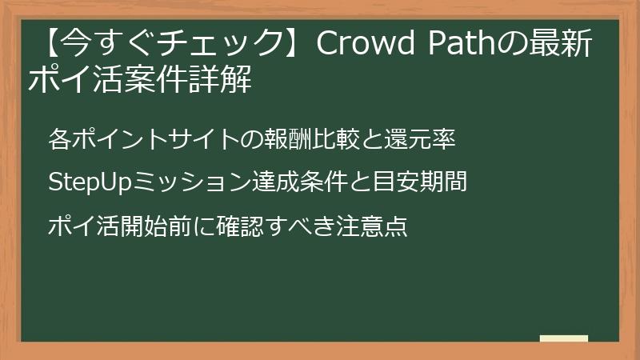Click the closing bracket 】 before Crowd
[295, 46]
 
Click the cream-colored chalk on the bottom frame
[563, 338]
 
